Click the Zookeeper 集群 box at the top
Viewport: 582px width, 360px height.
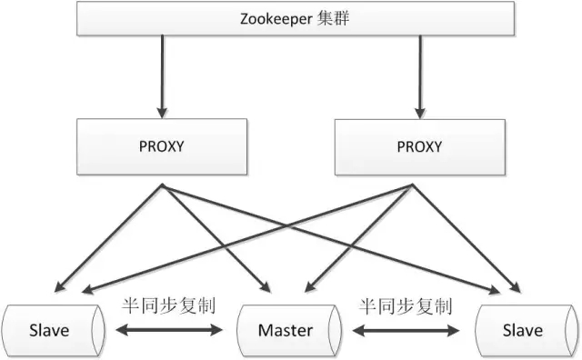point(296,18)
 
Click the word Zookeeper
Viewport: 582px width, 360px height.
point(276,19)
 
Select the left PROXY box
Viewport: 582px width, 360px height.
point(162,146)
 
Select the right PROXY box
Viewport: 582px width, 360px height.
point(420,147)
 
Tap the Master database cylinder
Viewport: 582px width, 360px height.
point(289,330)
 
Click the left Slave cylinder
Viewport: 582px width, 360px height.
point(53,330)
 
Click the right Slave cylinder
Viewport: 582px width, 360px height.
point(527,330)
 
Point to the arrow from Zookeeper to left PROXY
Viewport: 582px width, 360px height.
point(162,77)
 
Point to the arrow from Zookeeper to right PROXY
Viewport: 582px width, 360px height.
point(420,77)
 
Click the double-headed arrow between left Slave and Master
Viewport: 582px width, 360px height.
point(169,330)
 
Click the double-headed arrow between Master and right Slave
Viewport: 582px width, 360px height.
point(406,330)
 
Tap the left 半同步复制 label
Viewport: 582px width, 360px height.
point(168,306)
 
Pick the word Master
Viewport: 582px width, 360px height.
point(286,330)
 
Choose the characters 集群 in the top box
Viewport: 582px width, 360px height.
point(333,18)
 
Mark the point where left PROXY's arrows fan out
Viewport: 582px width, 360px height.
point(162,185)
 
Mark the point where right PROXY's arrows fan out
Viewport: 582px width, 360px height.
point(412,185)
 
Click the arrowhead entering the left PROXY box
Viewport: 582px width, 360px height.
point(162,113)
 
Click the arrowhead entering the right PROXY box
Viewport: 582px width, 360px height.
point(420,114)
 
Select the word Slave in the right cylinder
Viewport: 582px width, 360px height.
point(523,330)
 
